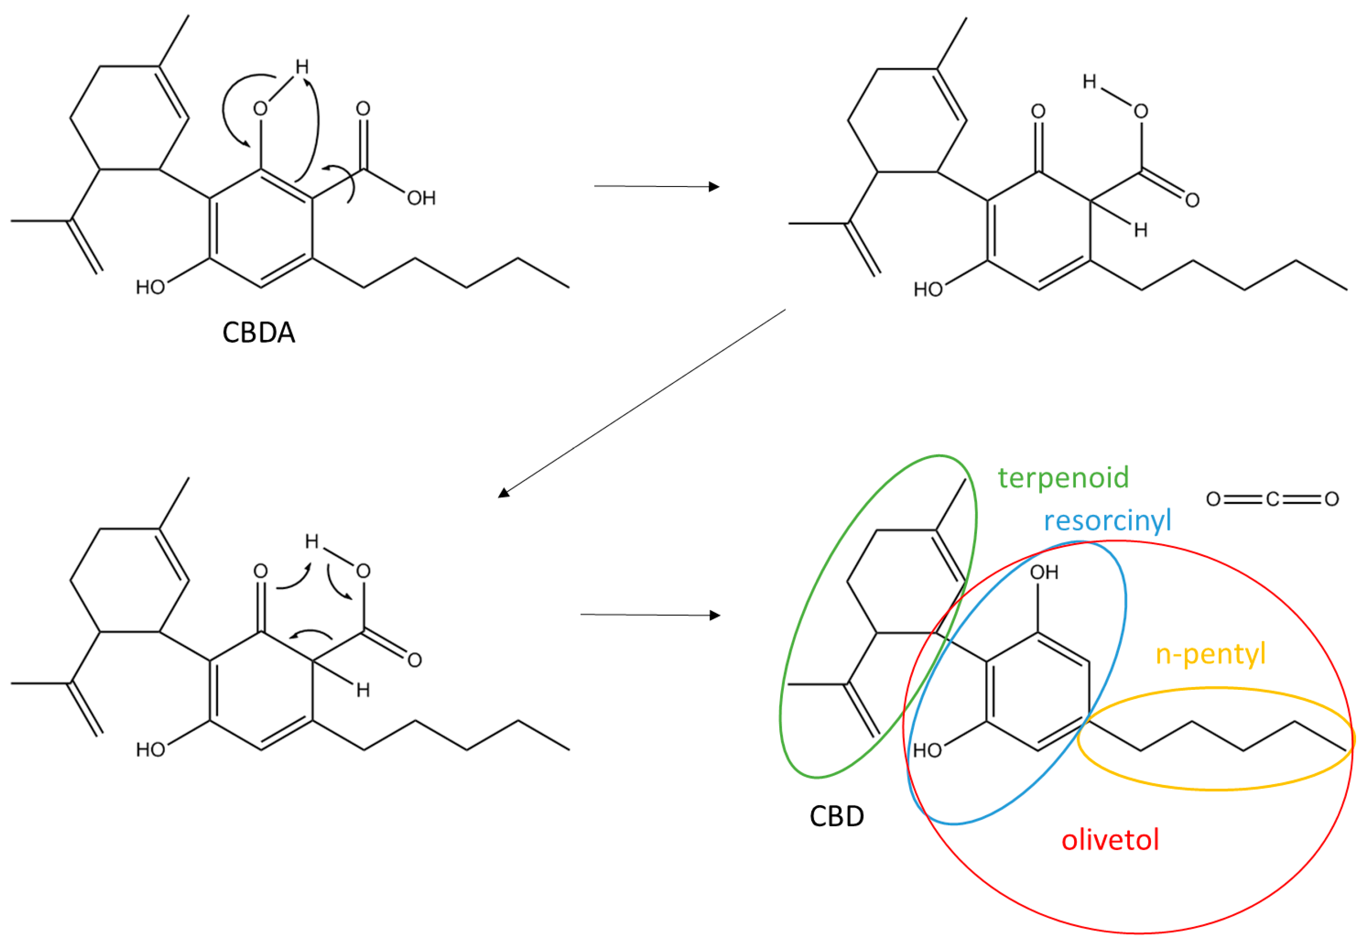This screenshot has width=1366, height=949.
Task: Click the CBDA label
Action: [259, 333]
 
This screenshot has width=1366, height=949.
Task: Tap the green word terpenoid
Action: [1063, 478]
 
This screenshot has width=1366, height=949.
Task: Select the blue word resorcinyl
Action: [1107, 520]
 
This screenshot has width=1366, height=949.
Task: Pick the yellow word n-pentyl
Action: [1210, 654]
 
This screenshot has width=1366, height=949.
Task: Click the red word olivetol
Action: [1110, 840]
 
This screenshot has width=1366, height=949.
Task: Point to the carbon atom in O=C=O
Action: [1272, 499]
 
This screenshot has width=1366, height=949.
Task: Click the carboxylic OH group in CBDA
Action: [421, 198]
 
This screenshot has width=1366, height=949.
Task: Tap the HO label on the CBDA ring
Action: [150, 288]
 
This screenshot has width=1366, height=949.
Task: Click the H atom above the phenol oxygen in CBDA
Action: [302, 66]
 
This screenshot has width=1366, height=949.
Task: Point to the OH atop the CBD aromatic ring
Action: [1044, 573]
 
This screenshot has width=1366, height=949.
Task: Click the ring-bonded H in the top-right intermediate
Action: [1140, 230]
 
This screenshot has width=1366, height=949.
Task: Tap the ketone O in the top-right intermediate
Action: [1038, 111]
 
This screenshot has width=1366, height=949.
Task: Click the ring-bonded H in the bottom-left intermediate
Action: [362, 690]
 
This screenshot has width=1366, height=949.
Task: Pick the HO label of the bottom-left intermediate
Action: [150, 750]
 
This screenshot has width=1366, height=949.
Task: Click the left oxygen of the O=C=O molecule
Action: [1213, 499]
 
